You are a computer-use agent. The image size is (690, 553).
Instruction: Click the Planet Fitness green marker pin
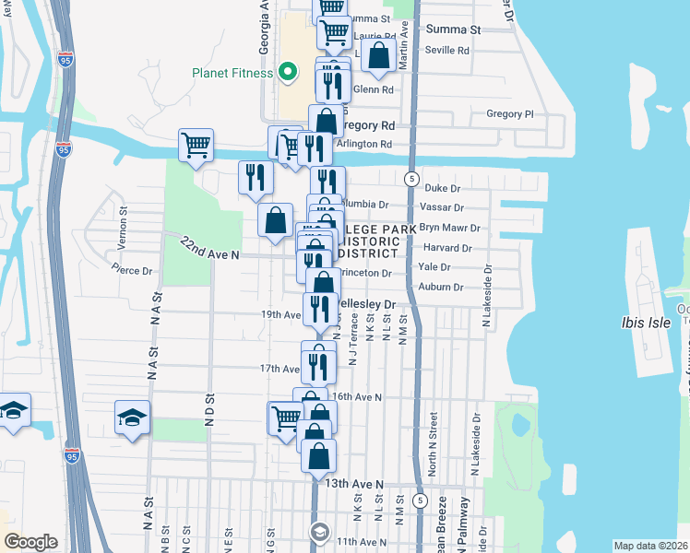pos(288,72)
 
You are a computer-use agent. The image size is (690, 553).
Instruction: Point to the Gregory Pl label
pos(510,114)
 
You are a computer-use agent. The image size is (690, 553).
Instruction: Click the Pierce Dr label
pos(132,270)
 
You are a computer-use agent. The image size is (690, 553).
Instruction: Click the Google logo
pos(30,542)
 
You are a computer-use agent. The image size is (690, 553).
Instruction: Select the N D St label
pos(209,406)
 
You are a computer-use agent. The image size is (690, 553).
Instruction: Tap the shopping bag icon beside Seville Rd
pos(378,55)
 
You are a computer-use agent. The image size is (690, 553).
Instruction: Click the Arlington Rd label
pos(363,144)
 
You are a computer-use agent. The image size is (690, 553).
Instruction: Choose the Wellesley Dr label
pos(366,303)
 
